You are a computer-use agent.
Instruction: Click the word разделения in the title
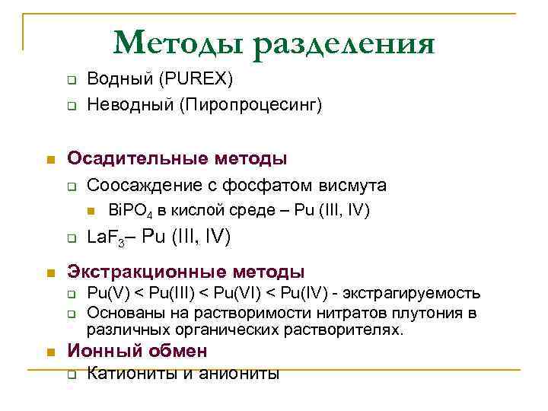(345, 43)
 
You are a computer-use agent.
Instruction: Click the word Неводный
(119, 104)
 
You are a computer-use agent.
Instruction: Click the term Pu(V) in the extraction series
(106, 293)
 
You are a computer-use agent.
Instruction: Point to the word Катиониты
(126, 374)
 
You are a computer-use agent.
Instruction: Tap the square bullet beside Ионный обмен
(49, 352)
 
